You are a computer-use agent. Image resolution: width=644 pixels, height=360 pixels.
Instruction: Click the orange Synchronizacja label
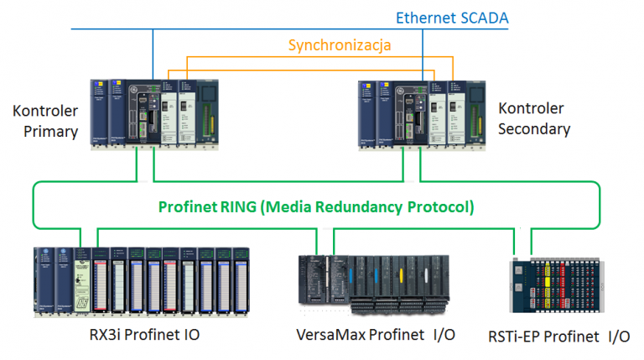point(340,44)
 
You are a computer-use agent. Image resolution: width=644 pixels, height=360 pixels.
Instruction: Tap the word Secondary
point(534,129)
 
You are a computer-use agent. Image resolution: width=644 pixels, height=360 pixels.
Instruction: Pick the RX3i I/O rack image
point(142,280)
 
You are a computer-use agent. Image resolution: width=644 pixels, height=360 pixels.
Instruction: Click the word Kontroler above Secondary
point(531,109)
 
